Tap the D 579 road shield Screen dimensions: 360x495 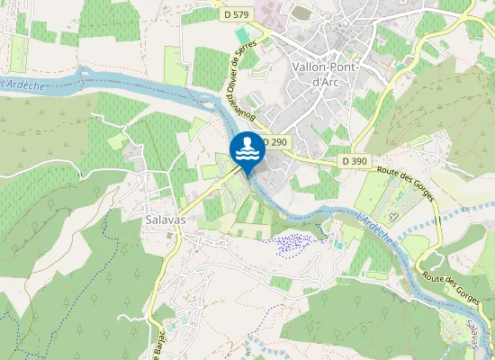coord(237,13)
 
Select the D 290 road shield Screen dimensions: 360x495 coord(275,142)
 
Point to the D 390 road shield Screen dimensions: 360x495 coord(355,160)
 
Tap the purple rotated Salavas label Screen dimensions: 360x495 coord(475,334)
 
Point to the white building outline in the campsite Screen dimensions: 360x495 coord(392,214)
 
